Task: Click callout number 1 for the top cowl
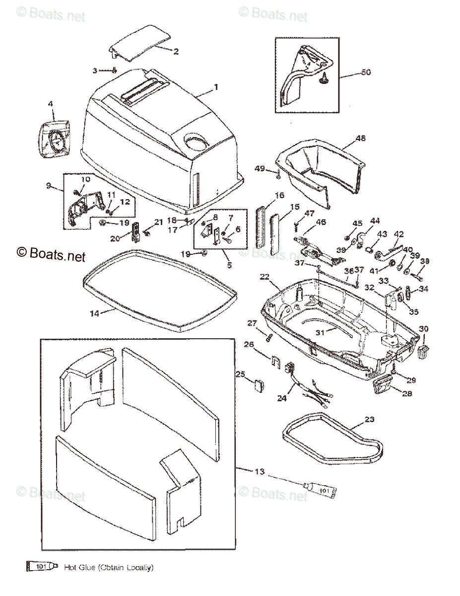click(x=216, y=87)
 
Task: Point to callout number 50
click(x=366, y=73)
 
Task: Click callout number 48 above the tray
click(x=361, y=139)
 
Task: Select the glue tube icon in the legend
click(x=42, y=567)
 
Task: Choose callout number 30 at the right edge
click(x=424, y=329)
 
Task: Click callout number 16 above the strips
click(x=279, y=195)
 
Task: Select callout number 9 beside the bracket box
click(x=49, y=186)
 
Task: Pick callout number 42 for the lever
click(x=399, y=234)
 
